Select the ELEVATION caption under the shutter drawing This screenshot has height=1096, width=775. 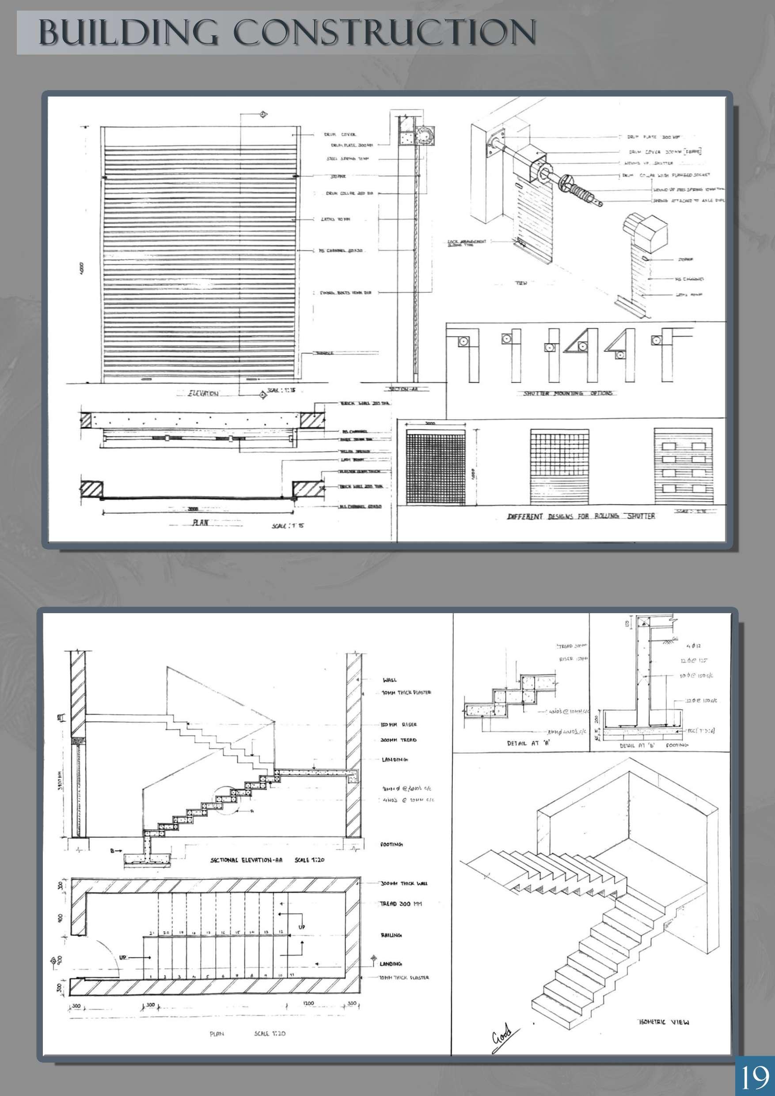(203, 393)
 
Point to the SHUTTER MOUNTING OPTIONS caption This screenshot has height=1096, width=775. (568, 393)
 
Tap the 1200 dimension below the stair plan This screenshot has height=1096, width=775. (308, 1004)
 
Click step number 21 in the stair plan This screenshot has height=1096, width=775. (151, 932)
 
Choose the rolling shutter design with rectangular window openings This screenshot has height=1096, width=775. (684, 466)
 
